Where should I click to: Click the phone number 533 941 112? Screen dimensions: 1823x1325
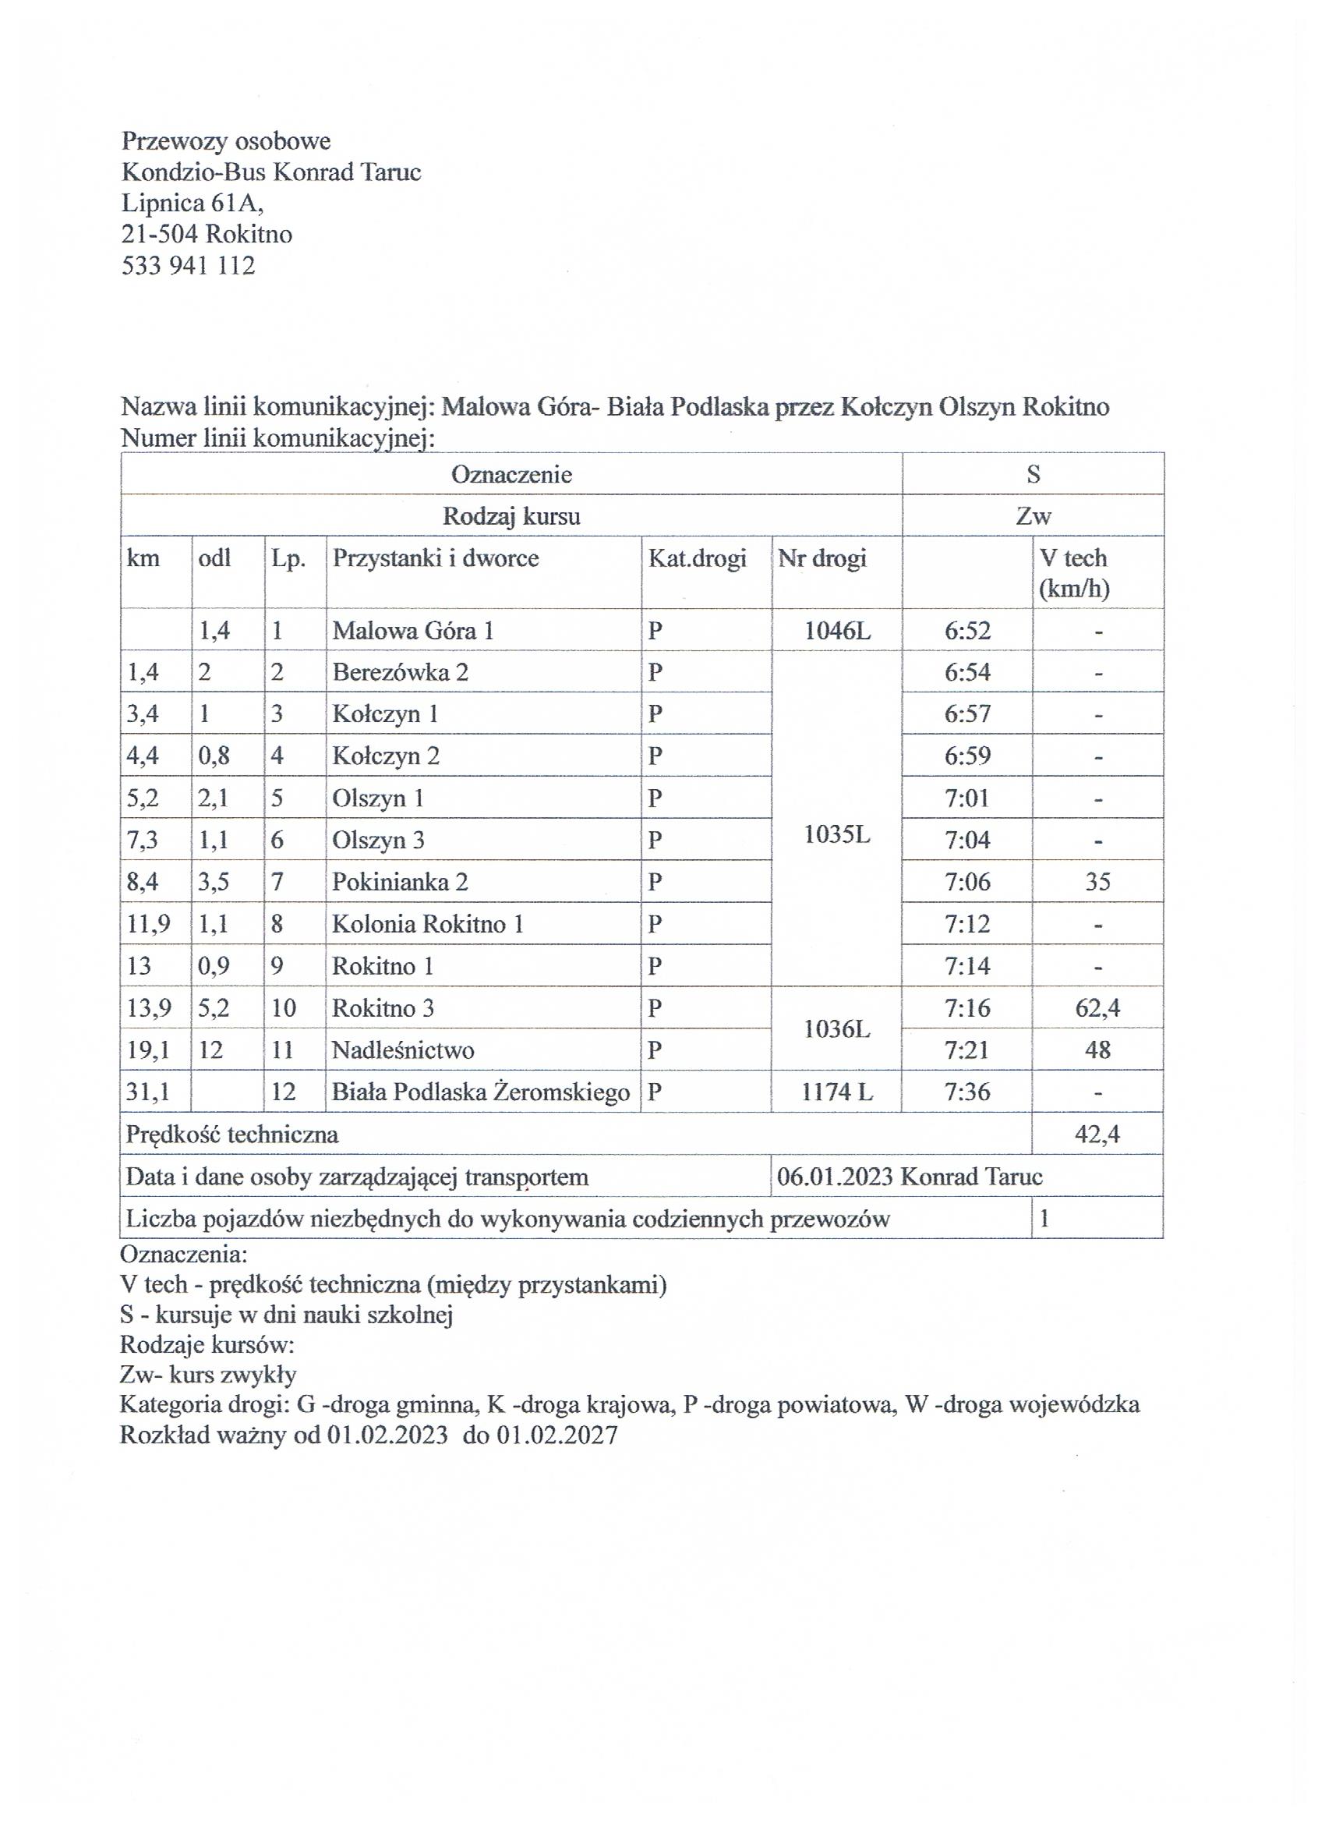click(188, 265)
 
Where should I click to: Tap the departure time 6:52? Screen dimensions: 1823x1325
click(967, 630)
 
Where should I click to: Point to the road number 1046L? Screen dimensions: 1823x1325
click(837, 630)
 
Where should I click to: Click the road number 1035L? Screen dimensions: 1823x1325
click(837, 834)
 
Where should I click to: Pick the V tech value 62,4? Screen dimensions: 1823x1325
click(1097, 1008)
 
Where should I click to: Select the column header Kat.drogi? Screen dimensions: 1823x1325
click(698, 558)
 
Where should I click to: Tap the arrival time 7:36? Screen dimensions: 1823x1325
click(967, 1092)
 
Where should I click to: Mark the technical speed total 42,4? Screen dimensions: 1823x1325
click(1097, 1135)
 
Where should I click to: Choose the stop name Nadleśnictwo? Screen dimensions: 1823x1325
click(404, 1050)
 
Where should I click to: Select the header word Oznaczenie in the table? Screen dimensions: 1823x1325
click(512, 474)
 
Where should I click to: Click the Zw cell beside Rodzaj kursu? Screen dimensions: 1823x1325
click(1033, 516)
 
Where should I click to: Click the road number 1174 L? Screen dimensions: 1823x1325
click(837, 1092)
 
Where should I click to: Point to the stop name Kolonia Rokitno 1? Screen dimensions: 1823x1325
click(428, 923)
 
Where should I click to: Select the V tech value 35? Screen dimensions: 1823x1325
click(1097, 882)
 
